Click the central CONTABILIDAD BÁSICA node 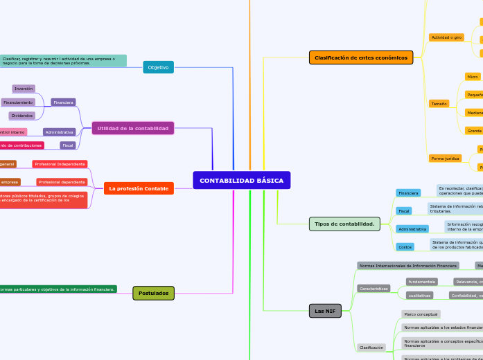coord(241,181)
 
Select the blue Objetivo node coord(158,67)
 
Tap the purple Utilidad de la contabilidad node coord(132,128)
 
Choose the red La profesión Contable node coord(139,188)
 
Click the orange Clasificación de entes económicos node coord(360,57)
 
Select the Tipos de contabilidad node coord(344,224)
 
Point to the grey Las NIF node coord(325,312)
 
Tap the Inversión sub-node coord(24,89)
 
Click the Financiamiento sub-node coord(18,102)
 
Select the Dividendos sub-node coord(22,116)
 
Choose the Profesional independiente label coord(60,164)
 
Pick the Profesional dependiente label coord(61,182)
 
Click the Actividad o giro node coord(446,37)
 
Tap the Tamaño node coord(439,104)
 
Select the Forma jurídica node coord(445,159)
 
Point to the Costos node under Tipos coord(405,246)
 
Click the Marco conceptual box coord(420,314)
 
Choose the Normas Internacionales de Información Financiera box coord(407,266)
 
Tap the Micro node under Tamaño coord(473,77)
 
